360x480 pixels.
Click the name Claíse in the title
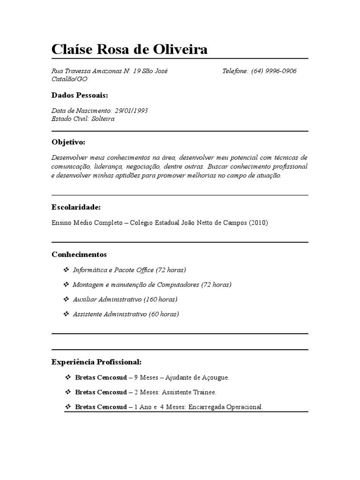[x=73, y=49]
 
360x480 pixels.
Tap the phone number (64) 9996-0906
[x=274, y=71]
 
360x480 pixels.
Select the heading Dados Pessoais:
[x=80, y=95]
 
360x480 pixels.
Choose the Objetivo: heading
[x=68, y=142]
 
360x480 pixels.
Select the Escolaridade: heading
[x=76, y=207]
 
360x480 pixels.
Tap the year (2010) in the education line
[x=258, y=223]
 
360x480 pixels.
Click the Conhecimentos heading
[x=79, y=254]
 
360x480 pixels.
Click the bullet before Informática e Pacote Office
[x=66, y=270]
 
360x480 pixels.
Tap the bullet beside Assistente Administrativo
[x=66, y=314]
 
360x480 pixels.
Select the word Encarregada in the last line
[x=208, y=407]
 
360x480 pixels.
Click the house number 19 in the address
[x=137, y=71]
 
